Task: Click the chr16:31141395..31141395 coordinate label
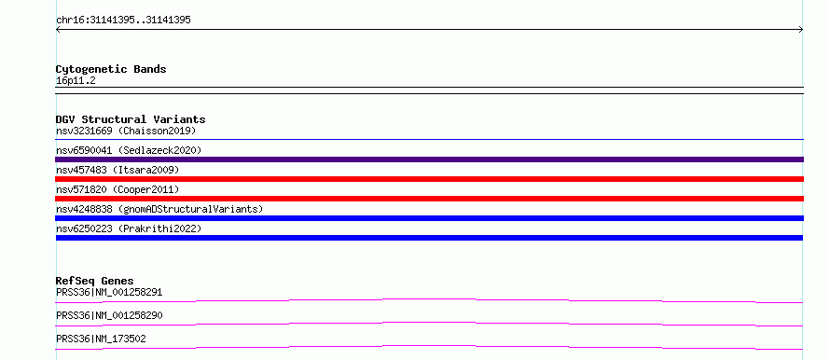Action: (123, 21)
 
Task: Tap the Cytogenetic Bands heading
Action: (111, 69)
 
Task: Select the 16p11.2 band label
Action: (76, 81)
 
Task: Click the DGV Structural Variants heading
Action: (131, 119)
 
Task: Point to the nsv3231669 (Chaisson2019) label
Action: (126, 131)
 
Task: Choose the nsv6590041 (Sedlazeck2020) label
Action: (129, 150)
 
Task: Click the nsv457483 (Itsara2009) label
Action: (118, 170)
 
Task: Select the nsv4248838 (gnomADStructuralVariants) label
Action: (159, 209)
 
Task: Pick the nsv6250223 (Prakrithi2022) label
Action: (129, 228)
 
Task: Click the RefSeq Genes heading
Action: (95, 281)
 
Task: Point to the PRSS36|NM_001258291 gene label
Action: (109, 292)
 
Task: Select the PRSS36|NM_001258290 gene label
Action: (109, 315)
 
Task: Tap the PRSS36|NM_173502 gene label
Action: (101, 339)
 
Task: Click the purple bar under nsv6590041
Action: (429, 159)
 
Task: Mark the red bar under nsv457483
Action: (429, 179)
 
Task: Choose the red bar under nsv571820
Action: (429, 199)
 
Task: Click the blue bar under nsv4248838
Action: (429, 218)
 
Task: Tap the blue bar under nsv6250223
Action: (429, 238)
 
